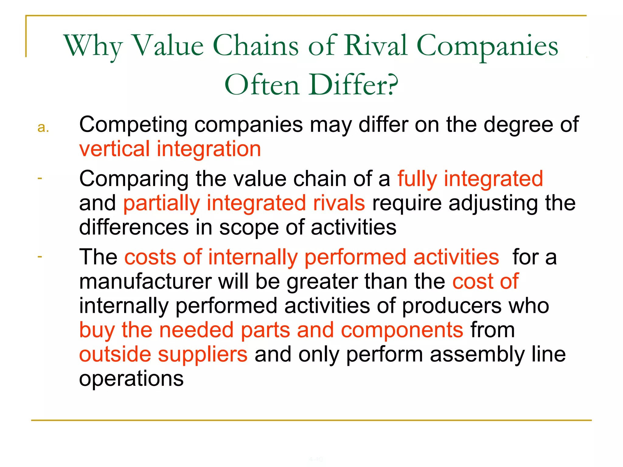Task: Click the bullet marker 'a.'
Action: click(x=43, y=128)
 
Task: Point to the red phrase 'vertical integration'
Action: click(x=170, y=149)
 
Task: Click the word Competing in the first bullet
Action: click(x=133, y=125)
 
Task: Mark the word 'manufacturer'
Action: click(x=145, y=282)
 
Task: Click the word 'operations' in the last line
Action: click(x=131, y=379)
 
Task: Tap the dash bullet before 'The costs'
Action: click(x=40, y=257)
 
